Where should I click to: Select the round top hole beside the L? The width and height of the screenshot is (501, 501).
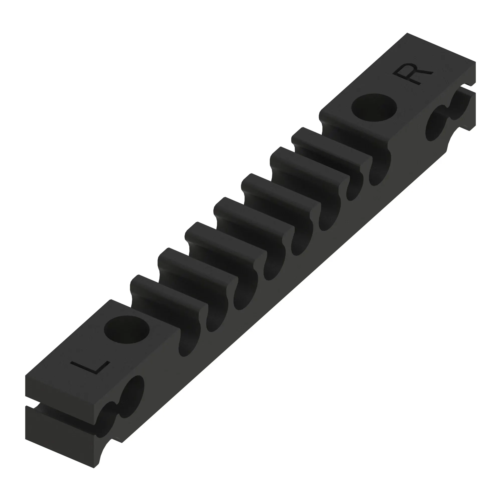(127, 330)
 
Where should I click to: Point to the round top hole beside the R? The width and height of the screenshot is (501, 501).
(374, 107)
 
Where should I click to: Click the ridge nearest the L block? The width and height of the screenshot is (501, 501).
(169, 301)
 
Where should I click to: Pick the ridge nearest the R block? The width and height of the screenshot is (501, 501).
(332, 150)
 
